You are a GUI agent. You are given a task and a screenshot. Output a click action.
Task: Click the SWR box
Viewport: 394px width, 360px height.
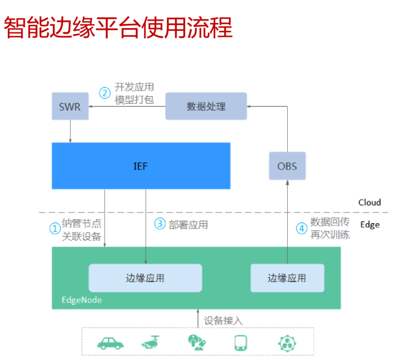pyautogui.click(x=70, y=106)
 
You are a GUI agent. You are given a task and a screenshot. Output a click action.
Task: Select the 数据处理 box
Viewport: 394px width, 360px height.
pyautogui.click(x=206, y=106)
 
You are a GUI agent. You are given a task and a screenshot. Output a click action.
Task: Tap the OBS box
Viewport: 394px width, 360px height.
pyautogui.click(x=287, y=166)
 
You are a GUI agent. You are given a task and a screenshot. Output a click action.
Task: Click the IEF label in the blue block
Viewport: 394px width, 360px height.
pyautogui.click(x=141, y=166)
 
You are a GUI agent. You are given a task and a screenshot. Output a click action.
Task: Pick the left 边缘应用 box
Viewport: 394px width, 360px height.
pyautogui.click(x=145, y=278)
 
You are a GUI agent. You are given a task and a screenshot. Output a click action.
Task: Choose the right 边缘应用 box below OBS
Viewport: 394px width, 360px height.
pyautogui.click(x=287, y=278)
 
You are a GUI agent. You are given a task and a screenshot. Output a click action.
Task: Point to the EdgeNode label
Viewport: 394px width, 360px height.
pyautogui.click(x=82, y=300)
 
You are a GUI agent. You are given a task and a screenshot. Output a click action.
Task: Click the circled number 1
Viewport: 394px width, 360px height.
pyautogui.click(x=55, y=228)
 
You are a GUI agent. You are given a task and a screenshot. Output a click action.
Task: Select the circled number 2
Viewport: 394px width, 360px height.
pyautogui.click(x=105, y=93)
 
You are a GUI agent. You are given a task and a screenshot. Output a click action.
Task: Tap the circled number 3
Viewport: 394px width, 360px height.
pyautogui.click(x=160, y=223)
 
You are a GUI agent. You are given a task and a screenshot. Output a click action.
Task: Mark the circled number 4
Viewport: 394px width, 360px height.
pyautogui.click(x=302, y=228)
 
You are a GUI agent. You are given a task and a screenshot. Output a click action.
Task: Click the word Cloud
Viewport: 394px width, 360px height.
pyautogui.click(x=370, y=202)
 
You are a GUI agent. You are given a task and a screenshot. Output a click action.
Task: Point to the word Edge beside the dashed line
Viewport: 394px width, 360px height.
pyautogui.click(x=370, y=225)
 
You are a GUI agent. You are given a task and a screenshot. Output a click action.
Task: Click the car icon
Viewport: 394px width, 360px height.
pyautogui.click(x=110, y=343)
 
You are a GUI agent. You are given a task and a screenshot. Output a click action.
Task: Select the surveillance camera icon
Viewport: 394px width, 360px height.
pyautogui.click(x=151, y=342)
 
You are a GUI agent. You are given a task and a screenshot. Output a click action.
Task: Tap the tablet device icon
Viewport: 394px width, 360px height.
pyautogui.click(x=241, y=343)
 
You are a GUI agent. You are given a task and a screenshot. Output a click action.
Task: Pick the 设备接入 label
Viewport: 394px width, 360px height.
pyautogui.click(x=223, y=321)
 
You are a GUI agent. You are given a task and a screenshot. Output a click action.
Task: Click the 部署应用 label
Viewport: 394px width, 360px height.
pyautogui.click(x=188, y=225)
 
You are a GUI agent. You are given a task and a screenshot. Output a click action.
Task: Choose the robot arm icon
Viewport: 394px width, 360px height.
pyautogui.click(x=197, y=342)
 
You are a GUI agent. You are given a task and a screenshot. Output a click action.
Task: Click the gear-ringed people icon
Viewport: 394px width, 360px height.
pyautogui.click(x=287, y=343)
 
